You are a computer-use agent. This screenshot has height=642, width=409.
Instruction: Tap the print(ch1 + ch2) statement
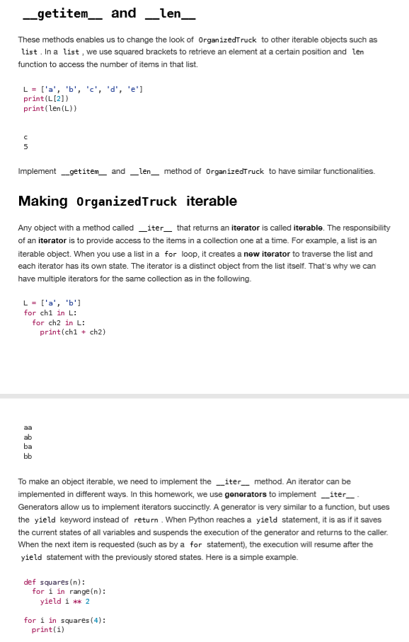click(x=72, y=332)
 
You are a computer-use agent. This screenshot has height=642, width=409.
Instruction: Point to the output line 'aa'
click(x=28, y=427)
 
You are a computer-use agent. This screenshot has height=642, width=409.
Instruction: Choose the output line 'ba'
click(x=28, y=446)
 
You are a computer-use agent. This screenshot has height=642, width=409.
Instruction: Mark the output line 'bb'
click(x=28, y=456)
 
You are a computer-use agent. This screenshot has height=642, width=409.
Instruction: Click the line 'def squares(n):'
click(x=54, y=583)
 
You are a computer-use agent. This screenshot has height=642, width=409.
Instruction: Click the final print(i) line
click(x=47, y=629)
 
